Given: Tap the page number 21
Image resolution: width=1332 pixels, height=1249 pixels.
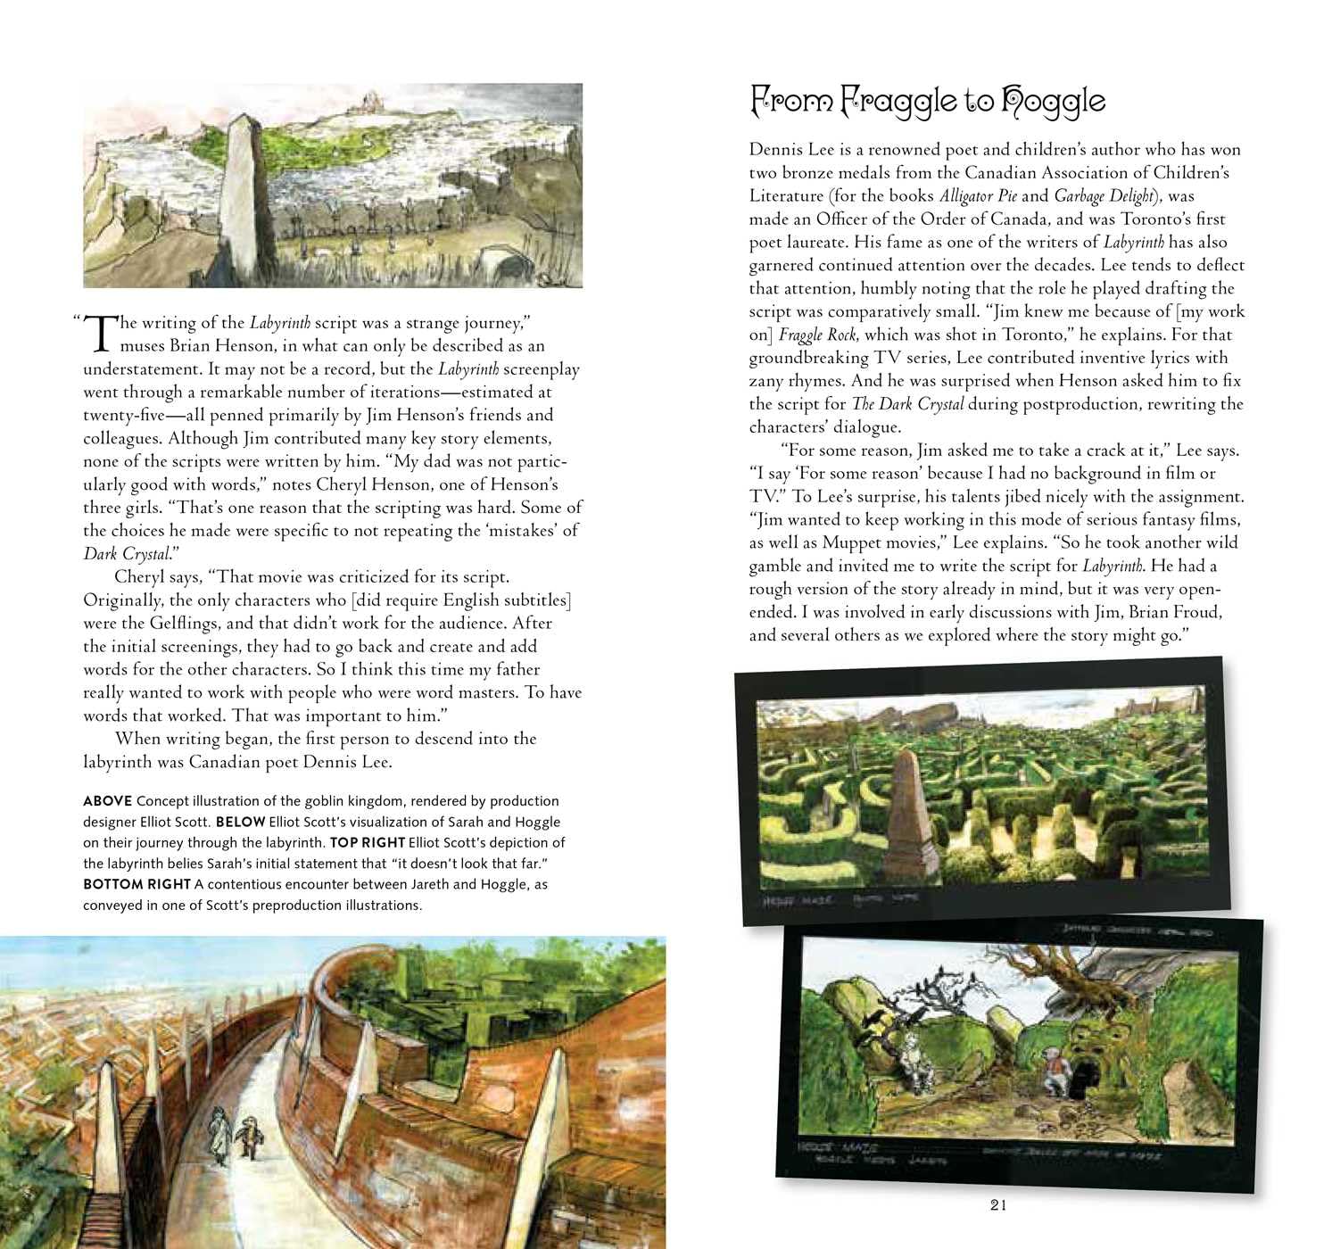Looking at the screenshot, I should [998, 1205].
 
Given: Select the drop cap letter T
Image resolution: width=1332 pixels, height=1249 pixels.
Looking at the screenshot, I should [103, 333].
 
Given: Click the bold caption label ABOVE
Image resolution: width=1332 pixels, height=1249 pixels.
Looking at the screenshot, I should [107, 801].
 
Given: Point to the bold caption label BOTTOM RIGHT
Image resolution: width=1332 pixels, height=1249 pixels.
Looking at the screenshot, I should [137, 884].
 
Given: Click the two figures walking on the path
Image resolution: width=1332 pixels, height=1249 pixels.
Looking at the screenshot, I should [233, 1132].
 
